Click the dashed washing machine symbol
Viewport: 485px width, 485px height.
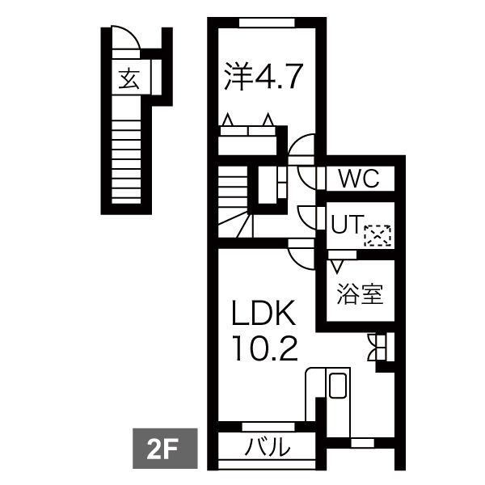[377, 234]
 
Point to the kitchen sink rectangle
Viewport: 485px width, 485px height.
[337, 386]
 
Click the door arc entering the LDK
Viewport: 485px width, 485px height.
[301, 257]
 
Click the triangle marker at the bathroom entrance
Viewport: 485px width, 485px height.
[335, 264]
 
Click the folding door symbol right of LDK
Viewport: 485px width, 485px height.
[377, 347]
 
